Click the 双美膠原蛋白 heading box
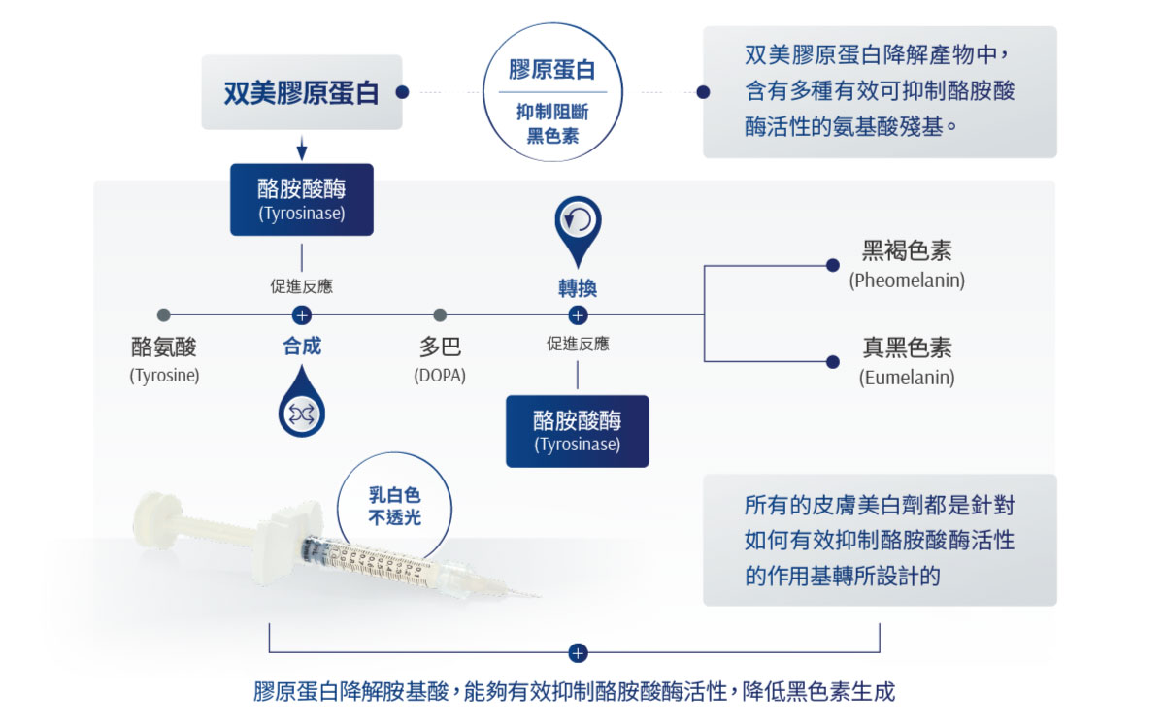[302, 92]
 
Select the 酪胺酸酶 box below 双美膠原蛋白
[302, 200]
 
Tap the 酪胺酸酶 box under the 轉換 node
[578, 431]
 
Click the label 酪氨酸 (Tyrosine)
[164, 359]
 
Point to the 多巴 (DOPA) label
[440, 359]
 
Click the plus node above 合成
[302, 315]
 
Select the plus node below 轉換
[578, 315]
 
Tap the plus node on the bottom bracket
[578, 653]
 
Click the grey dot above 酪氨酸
[164, 315]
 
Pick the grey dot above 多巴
[440, 315]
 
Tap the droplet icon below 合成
[302, 402]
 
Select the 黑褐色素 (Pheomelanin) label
[907, 265]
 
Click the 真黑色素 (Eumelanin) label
[907, 362]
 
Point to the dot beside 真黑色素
[833, 362]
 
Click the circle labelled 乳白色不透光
[394, 506]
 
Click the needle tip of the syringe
[539, 596]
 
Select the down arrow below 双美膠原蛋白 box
[302, 149]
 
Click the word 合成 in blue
[302, 347]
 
